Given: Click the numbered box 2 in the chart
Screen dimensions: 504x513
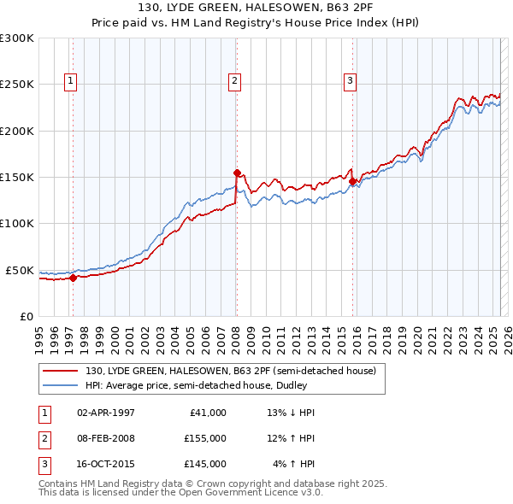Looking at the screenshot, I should click(233, 81).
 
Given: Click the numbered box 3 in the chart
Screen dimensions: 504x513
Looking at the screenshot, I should click(350, 81).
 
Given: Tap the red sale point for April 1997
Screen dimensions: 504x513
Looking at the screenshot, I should click(73, 278).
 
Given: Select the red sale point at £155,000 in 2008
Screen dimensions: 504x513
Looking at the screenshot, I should click(237, 172).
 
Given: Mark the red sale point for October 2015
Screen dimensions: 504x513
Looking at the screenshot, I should click(352, 181).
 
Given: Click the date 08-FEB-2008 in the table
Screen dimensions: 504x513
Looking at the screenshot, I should click(106, 438).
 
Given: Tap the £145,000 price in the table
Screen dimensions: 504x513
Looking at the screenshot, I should click(205, 464).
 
